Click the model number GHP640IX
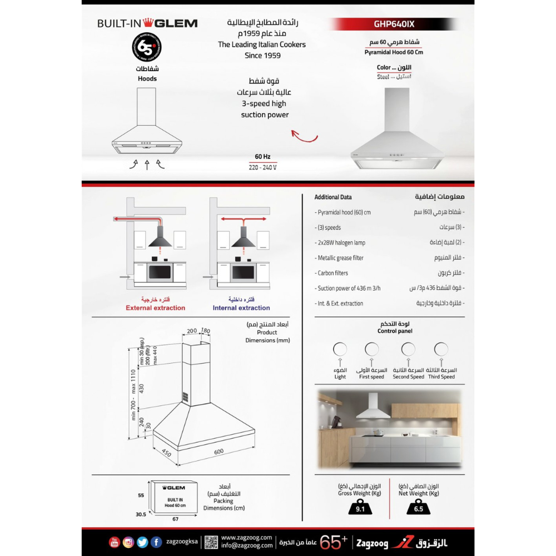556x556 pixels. click(394, 24)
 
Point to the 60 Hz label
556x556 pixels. click(262, 157)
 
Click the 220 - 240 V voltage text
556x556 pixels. click(262, 167)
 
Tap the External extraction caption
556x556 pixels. click(155, 308)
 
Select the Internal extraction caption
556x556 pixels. click(241, 308)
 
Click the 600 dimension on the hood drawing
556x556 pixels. click(219, 451)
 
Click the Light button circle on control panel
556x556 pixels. click(340, 349)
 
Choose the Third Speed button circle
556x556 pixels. click(441, 349)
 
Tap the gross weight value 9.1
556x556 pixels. click(359, 508)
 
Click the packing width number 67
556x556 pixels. click(176, 519)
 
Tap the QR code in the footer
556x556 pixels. click(211, 542)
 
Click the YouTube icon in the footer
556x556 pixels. click(115, 542)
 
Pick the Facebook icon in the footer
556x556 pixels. click(157, 542)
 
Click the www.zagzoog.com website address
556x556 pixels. click(246, 538)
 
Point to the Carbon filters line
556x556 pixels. click(334, 273)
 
